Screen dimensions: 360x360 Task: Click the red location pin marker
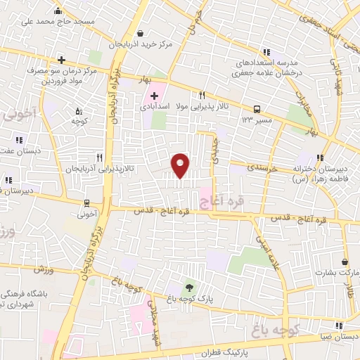181,165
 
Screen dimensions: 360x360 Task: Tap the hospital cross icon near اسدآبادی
155,94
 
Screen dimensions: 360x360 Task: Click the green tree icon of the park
188,287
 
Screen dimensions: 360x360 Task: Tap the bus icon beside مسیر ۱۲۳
258,109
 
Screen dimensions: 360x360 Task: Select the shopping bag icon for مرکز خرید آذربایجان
141,33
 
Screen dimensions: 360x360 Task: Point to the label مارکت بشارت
325,271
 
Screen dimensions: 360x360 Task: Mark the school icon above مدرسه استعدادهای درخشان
266,51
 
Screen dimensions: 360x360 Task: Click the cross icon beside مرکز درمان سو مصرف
62,60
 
